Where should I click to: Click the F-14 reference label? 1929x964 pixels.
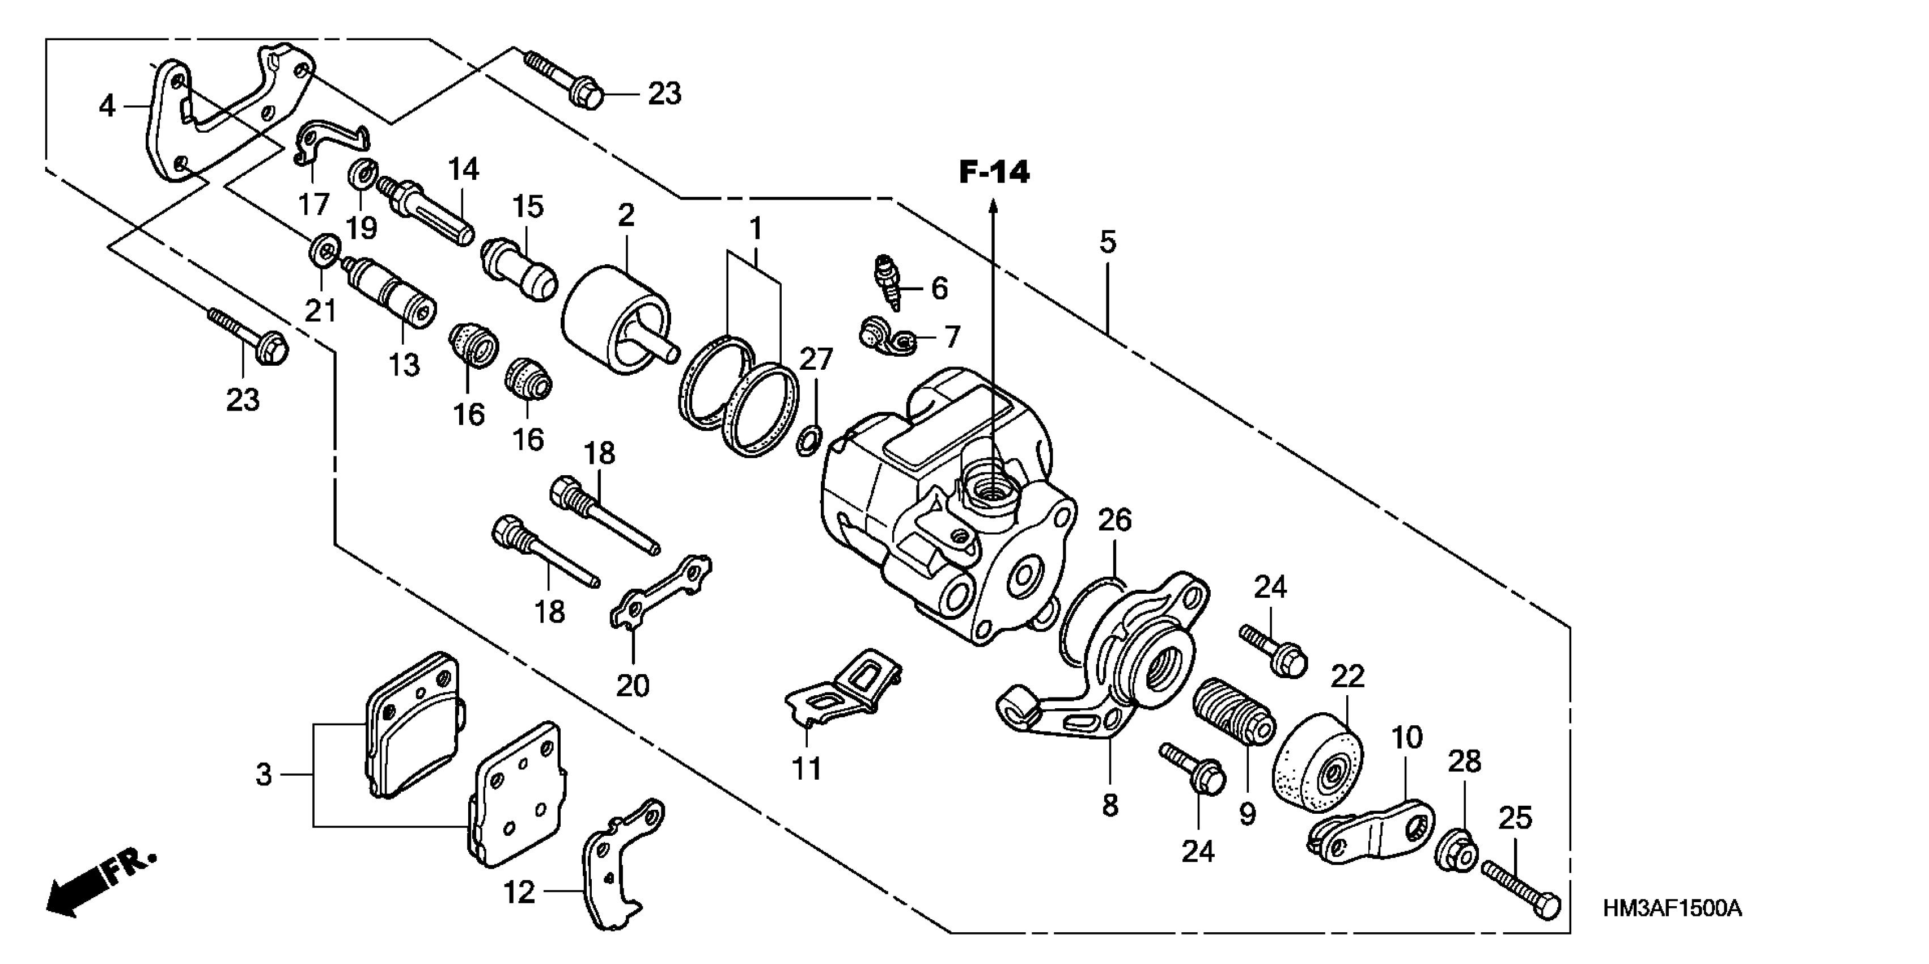994,173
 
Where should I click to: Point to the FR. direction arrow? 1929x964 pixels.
101,884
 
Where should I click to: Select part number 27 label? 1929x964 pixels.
816,360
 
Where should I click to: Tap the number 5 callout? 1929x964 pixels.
1108,242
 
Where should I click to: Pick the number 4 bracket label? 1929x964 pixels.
107,107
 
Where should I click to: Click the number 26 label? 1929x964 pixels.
1114,520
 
